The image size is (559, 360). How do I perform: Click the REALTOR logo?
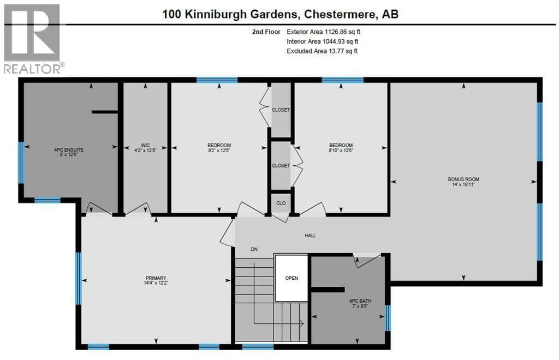pyautogui.click(x=33, y=39)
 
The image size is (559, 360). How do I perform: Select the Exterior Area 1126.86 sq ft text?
pyautogui.click(x=323, y=32)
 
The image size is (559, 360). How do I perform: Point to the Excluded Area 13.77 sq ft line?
pyautogui.click(x=322, y=51)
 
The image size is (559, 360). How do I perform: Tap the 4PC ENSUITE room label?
pyautogui.click(x=69, y=150)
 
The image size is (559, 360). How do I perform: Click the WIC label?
pyautogui.click(x=145, y=145)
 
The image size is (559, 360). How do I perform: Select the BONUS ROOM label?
pyautogui.click(x=463, y=179)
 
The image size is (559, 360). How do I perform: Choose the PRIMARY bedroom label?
pyautogui.click(x=156, y=278)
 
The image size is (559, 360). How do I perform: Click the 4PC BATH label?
pyautogui.click(x=360, y=301)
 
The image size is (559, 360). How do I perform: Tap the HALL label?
pyautogui.click(x=310, y=236)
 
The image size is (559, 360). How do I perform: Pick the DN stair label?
pyautogui.click(x=254, y=249)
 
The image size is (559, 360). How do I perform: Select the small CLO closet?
pyautogui.click(x=281, y=203)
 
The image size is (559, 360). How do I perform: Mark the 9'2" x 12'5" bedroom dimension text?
pyautogui.click(x=219, y=150)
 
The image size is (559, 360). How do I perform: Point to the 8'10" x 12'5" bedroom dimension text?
pyautogui.click(x=341, y=150)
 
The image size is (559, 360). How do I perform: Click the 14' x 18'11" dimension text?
pyautogui.click(x=463, y=184)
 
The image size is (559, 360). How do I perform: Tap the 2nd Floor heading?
pyautogui.click(x=266, y=32)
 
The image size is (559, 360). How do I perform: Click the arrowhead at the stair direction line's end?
pyautogui.click(x=301, y=323)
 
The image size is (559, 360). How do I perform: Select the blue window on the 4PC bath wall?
pyautogui.click(x=388, y=318)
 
